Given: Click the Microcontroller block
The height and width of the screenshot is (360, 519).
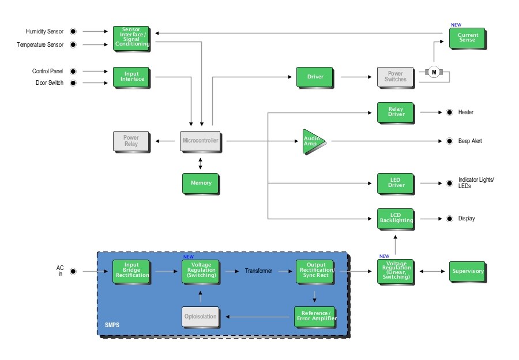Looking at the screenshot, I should (200, 141).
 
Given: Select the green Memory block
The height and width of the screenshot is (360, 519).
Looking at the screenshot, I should (200, 183).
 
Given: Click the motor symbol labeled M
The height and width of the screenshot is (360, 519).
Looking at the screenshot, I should (434, 72).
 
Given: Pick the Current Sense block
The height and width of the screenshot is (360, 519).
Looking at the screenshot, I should (468, 38).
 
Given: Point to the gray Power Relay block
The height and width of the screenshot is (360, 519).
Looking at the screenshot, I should (130, 141).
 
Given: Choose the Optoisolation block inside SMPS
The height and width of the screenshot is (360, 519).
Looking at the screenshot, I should (200, 317).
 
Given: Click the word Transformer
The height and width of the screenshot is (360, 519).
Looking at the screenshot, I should (258, 271).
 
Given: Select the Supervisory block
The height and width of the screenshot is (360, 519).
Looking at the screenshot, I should (468, 271).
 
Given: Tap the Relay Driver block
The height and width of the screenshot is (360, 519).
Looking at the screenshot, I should (396, 112).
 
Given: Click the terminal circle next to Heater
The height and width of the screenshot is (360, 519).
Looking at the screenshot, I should (448, 112).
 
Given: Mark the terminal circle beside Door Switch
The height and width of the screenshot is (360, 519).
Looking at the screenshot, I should (73, 83).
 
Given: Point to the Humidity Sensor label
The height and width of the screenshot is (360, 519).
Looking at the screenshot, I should (44, 31).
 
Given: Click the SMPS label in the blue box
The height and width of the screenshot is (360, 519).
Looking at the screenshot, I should (112, 325).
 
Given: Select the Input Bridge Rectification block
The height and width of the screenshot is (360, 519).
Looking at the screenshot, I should (132, 271).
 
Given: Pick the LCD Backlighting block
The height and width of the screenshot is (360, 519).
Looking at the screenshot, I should (396, 218).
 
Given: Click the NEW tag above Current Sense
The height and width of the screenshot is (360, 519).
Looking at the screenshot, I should (456, 25).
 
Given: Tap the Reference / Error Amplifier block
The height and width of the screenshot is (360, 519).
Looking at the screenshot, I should (315, 316).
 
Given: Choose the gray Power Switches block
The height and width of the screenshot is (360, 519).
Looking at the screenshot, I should (396, 77).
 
